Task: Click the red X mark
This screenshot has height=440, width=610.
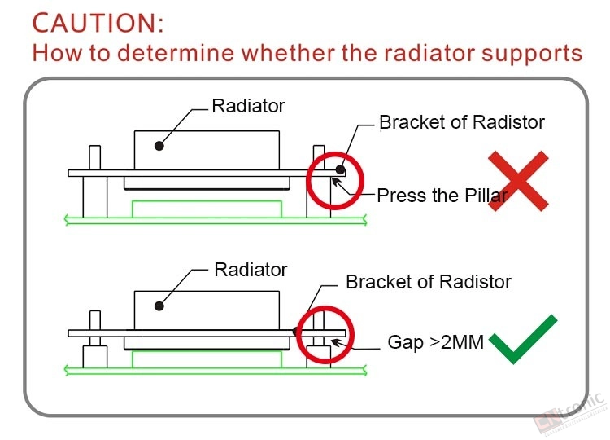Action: (518, 181)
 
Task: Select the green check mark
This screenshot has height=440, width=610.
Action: (523, 339)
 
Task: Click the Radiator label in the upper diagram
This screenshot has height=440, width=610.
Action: (248, 106)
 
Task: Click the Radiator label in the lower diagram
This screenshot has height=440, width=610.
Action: (251, 270)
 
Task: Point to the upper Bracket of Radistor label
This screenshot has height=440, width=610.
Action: (462, 122)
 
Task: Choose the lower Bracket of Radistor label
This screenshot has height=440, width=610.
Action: (429, 282)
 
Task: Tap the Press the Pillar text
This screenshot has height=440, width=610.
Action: (442, 196)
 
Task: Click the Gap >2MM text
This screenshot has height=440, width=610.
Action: (436, 342)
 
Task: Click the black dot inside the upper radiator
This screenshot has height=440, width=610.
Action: (159, 146)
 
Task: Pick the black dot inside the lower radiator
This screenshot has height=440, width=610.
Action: (159, 306)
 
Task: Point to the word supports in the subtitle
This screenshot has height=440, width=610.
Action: (532, 54)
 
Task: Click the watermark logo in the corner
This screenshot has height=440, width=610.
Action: (570, 414)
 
